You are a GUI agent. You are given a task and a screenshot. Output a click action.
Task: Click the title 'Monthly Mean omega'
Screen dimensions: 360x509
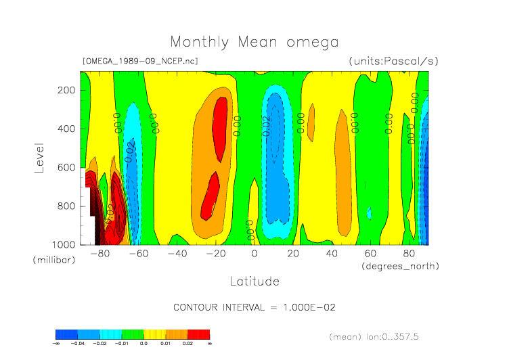click(x=254, y=42)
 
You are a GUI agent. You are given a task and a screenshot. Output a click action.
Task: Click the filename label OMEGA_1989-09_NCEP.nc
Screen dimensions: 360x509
click(x=140, y=61)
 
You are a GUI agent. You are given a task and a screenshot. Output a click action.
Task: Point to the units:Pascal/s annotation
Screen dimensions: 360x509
click(x=393, y=61)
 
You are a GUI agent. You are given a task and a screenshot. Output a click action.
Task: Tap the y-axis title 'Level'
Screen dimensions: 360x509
click(x=39, y=157)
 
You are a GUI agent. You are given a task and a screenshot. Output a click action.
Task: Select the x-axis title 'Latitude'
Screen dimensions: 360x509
click(x=254, y=280)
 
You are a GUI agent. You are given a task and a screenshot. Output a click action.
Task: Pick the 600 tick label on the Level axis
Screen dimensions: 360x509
click(x=66, y=167)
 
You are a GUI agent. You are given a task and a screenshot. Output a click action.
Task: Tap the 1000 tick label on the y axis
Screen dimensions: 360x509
click(x=63, y=244)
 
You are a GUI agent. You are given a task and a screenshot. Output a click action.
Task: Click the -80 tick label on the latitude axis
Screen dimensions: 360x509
click(x=99, y=254)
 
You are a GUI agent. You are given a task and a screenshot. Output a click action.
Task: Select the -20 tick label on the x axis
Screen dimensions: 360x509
click(x=215, y=254)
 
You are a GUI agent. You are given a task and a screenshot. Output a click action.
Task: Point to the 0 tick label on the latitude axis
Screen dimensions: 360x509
click(x=255, y=254)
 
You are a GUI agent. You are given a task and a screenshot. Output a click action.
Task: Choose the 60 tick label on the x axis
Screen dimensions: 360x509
click(x=370, y=254)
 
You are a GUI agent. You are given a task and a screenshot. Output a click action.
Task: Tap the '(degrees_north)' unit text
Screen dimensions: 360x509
click(x=401, y=266)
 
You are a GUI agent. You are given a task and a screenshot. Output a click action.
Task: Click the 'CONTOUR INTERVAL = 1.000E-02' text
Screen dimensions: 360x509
click(x=255, y=307)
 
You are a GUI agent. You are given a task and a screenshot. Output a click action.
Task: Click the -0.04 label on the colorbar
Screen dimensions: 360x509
click(x=78, y=344)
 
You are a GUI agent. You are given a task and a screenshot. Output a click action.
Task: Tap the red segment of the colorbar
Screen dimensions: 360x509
click(x=199, y=334)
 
